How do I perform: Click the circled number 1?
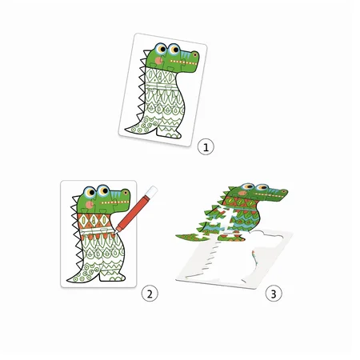[206, 146]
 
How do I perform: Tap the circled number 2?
[150, 294]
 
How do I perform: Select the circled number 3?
[274, 294]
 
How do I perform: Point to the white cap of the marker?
[152, 191]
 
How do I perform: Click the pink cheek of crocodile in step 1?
[159, 61]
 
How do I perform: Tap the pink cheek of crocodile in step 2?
[89, 204]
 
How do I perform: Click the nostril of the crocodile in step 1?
[195, 55]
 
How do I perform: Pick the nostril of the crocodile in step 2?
[126, 192]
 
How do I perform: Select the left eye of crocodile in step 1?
[161, 49]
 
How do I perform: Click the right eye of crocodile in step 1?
[174, 49]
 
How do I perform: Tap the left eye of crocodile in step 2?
[90, 192]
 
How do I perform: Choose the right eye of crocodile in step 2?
[103, 190]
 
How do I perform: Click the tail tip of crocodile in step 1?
[126, 130]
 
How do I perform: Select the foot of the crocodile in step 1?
[169, 133]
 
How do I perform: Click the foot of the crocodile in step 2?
[112, 277]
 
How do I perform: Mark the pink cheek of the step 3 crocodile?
[242, 193]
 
